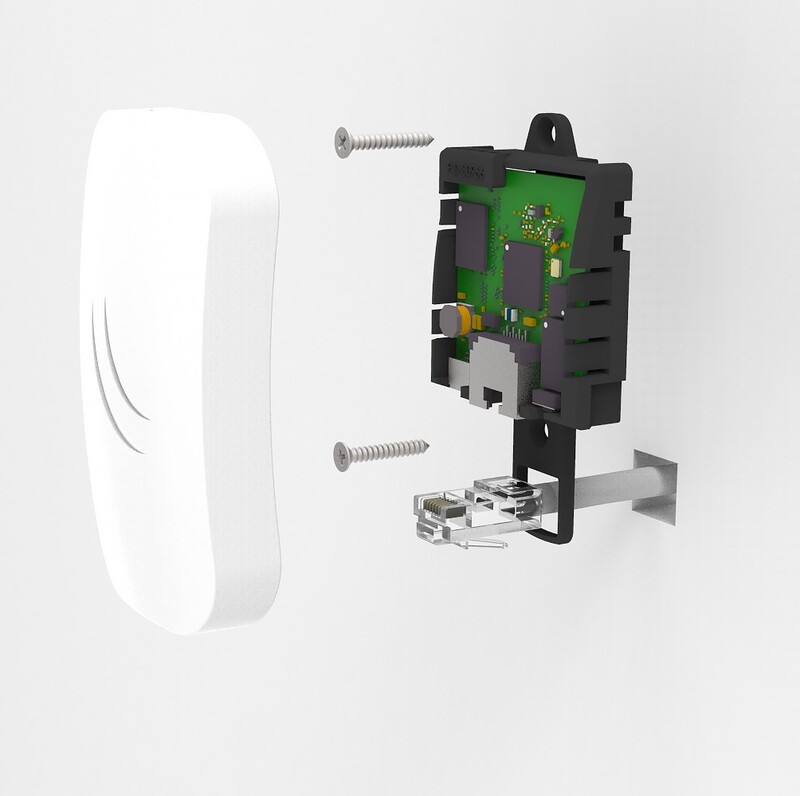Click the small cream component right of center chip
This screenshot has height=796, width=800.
556,266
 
